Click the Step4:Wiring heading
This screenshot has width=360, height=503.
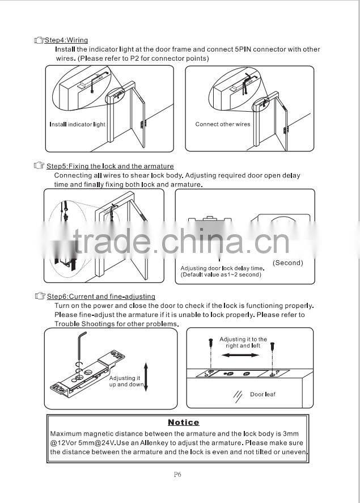click(x=66, y=40)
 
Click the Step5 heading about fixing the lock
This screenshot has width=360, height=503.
click(x=110, y=166)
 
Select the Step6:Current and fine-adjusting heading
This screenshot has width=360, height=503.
click(x=100, y=297)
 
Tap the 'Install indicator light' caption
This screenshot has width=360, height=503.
click(x=78, y=124)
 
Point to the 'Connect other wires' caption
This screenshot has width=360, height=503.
click(x=222, y=124)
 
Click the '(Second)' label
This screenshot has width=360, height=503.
click(x=287, y=263)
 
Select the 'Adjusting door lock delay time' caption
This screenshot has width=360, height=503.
click(x=222, y=268)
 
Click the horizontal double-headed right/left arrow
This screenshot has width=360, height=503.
click(x=240, y=355)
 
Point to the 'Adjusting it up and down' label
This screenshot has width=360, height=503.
click(x=126, y=381)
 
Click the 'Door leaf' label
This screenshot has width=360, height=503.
click(x=262, y=394)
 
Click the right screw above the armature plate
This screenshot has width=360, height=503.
click(x=273, y=345)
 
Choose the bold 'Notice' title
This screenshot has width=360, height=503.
click(x=183, y=422)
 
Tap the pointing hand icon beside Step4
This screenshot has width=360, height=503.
click(x=39, y=40)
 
